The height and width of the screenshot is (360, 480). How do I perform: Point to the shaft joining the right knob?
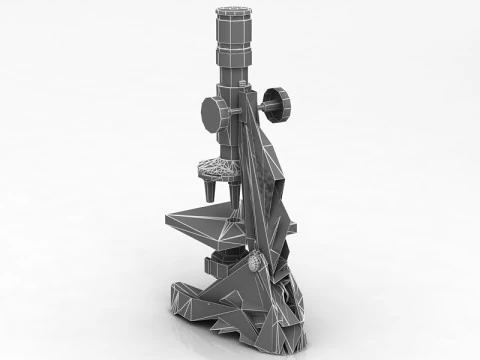coord(265,102)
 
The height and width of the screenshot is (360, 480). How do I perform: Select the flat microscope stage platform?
coord(205,222)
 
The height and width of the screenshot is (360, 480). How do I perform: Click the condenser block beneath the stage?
coord(221,266)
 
